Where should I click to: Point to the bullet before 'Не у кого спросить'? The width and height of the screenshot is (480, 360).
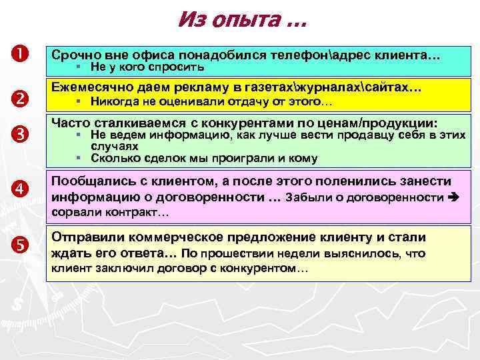tap(78, 67)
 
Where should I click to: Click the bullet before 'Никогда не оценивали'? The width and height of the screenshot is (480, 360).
tap(78, 103)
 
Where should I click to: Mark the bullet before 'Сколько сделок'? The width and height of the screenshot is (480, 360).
tap(78, 159)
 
